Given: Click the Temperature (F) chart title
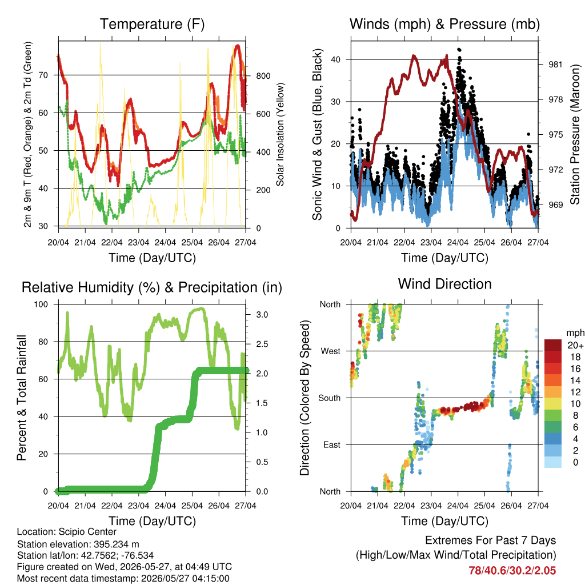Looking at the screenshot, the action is (x=152, y=24).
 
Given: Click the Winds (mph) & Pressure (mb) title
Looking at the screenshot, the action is (x=444, y=24).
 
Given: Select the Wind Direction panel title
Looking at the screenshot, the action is (x=444, y=284).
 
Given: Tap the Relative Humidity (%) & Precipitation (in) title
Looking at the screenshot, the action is (x=152, y=288).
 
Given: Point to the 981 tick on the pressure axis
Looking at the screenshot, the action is (x=555, y=65).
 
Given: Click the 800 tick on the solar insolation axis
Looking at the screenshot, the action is (x=263, y=76).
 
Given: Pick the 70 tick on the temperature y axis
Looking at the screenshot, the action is (x=43, y=75).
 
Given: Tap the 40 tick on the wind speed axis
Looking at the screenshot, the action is (x=335, y=59).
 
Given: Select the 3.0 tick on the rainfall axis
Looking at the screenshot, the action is (x=262, y=315).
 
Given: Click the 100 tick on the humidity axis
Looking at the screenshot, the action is (x=41, y=304).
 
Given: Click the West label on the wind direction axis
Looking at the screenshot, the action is (x=331, y=351).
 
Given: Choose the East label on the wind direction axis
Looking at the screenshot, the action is (x=332, y=444).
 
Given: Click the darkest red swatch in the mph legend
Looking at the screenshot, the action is (x=553, y=345).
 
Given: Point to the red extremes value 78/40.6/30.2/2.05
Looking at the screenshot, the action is (x=512, y=571).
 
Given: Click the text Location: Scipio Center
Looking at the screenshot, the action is (x=67, y=532).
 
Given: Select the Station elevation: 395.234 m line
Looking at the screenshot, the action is (x=78, y=544).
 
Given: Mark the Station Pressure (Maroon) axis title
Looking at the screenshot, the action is (x=575, y=134).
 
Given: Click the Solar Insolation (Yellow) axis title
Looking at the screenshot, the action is (x=280, y=134).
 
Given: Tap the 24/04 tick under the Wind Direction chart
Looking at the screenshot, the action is (x=458, y=506).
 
